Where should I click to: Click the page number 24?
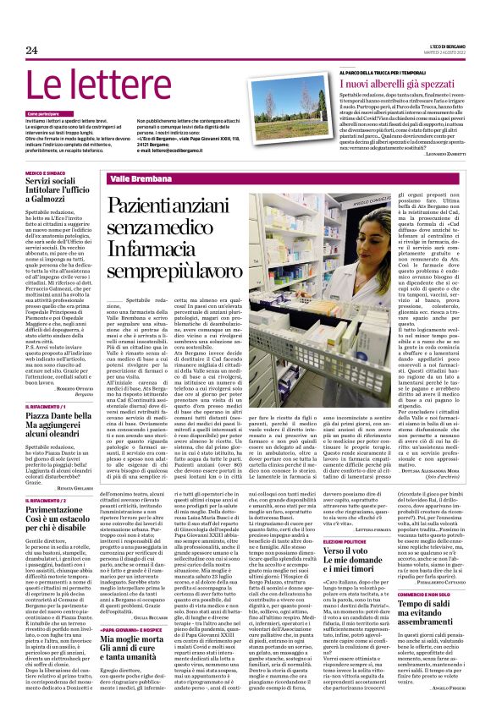[x=32, y=51]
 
